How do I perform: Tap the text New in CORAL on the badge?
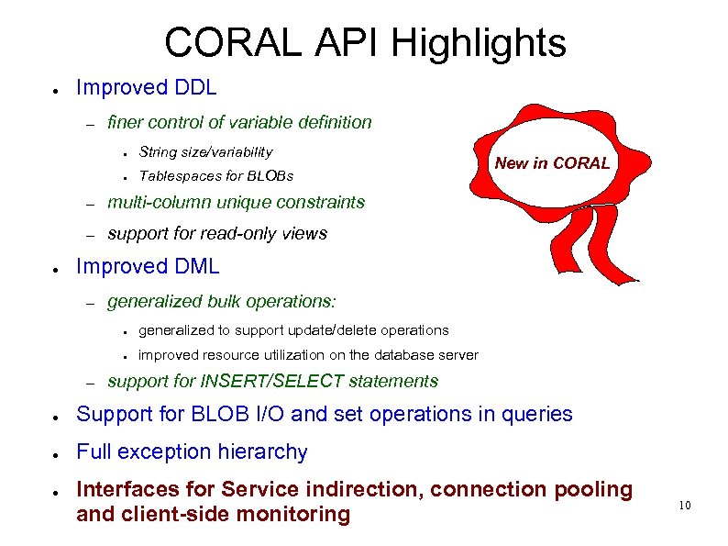coord(552,163)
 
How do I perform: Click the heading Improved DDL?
coord(147,88)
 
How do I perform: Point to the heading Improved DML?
coord(148,267)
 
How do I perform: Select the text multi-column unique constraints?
coord(236,202)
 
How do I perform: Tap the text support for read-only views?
coord(217,234)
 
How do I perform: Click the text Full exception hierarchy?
coord(192,451)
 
